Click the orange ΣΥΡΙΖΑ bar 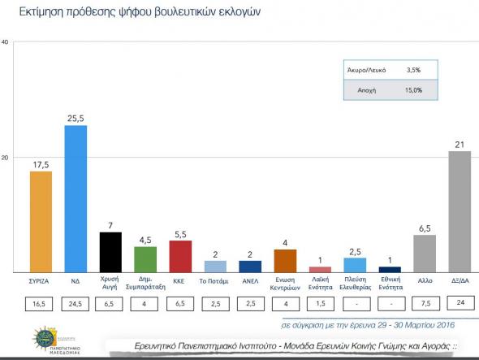tap(40, 221)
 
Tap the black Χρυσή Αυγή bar tap(110, 252)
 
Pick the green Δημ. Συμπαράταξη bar tap(145, 258)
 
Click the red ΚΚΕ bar tap(180, 256)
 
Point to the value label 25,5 tap(76, 119)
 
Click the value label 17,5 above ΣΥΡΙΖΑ tap(41, 164)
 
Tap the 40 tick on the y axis tap(6, 42)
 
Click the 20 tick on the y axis tap(6, 157)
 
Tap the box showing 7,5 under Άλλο tap(424, 305)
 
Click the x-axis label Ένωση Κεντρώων tap(284, 284)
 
